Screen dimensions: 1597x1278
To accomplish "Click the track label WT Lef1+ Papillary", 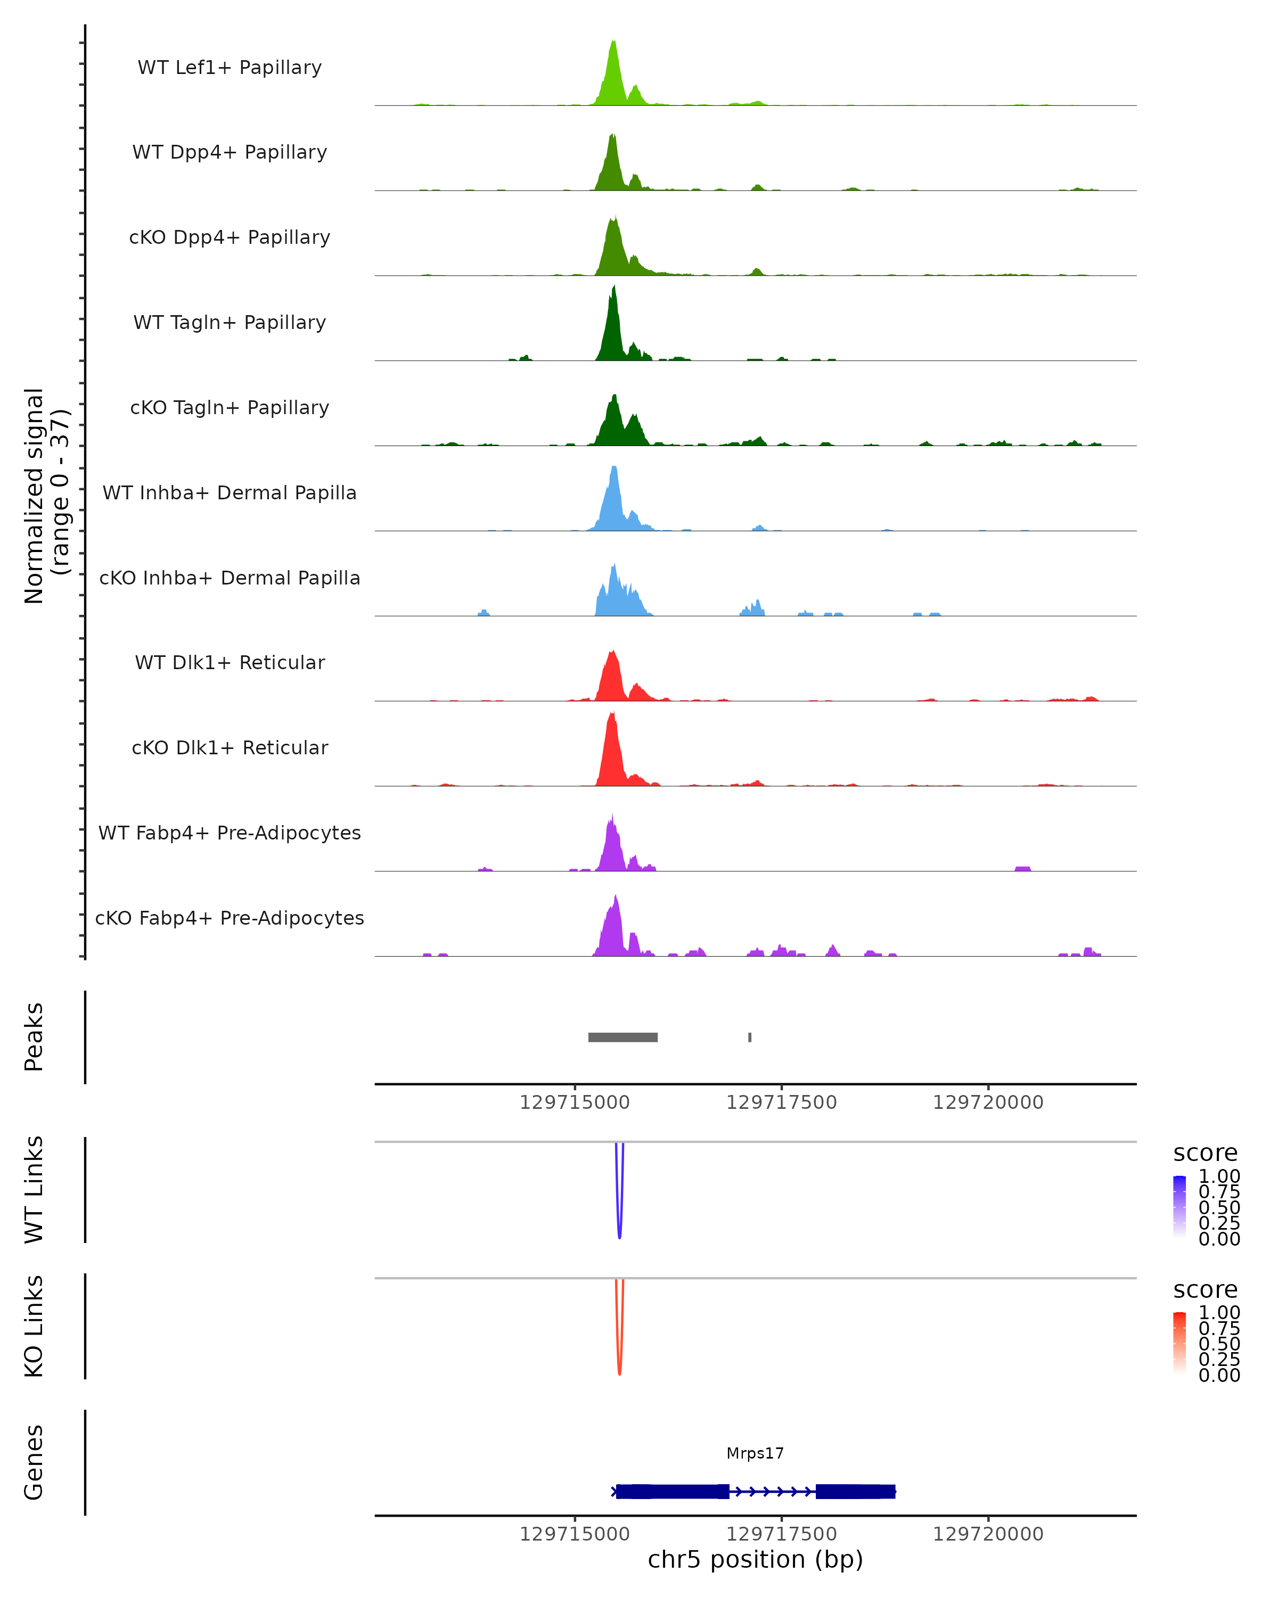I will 230,68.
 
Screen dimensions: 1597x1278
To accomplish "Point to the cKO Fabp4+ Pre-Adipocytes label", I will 230,918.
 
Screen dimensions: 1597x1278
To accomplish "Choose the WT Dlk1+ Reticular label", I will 230,662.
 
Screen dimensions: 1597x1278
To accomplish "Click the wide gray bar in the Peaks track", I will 622,1037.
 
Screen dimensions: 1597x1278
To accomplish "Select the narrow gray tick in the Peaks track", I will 750,1037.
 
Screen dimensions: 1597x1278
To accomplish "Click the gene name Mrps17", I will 755,1453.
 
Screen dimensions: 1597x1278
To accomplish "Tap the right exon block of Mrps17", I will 855,1491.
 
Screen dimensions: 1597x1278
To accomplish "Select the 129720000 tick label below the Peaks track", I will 988,1102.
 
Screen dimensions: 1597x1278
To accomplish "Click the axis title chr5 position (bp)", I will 755,1560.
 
